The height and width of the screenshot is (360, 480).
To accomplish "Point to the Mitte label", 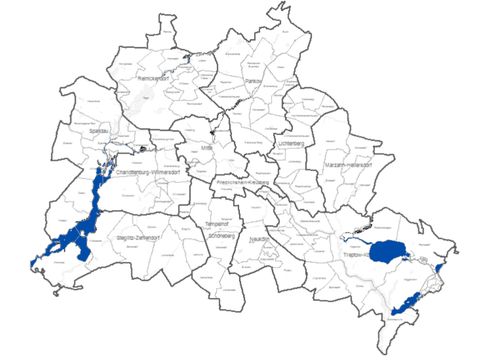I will pos(208,148).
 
